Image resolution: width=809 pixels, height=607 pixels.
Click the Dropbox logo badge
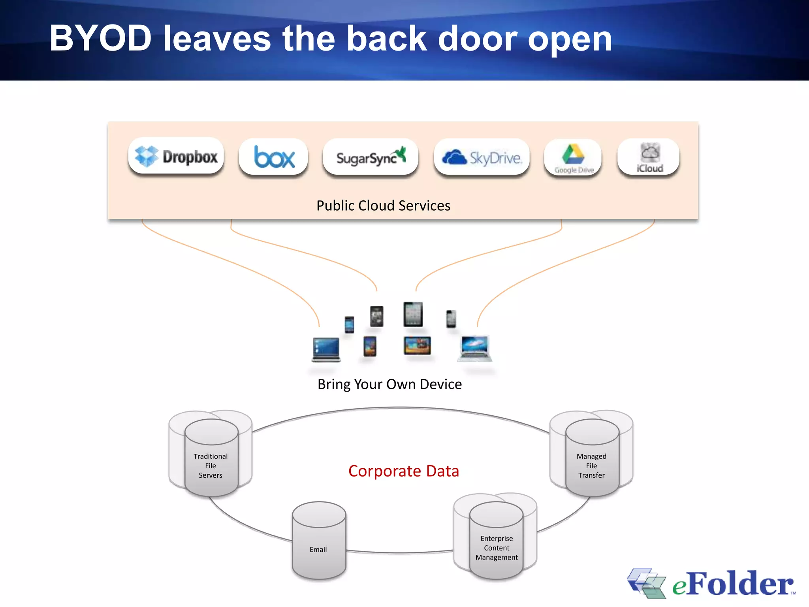(x=176, y=156)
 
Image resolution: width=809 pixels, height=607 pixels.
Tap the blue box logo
(x=273, y=157)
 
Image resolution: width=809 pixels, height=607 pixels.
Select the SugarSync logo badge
(x=371, y=157)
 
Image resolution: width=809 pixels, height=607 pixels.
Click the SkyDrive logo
(x=482, y=157)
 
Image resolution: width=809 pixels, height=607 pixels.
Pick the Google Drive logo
(x=573, y=158)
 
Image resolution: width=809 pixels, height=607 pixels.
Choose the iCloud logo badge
(x=649, y=157)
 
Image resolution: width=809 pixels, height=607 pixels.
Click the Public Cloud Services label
(x=383, y=205)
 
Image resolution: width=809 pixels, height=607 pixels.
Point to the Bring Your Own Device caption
(x=389, y=384)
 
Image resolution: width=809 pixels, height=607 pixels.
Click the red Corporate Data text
(x=403, y=471)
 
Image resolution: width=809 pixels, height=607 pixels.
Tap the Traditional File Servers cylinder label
(x=211, y=466)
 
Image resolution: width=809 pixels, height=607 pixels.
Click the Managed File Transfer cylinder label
(x=591, y=466)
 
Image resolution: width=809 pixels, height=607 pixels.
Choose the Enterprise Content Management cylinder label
(x=497, y=548)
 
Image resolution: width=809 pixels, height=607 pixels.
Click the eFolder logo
(x=711, y=583)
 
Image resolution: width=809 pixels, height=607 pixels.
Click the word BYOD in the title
(x=101, y=38)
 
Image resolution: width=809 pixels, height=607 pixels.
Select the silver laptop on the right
(x=475, y=348)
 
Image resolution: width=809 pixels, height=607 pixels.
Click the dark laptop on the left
(x=326, y=349)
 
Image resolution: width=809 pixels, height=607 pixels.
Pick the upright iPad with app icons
(x=413, y=314)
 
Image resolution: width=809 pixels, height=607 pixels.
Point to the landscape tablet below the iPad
(x=417, y=346)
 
